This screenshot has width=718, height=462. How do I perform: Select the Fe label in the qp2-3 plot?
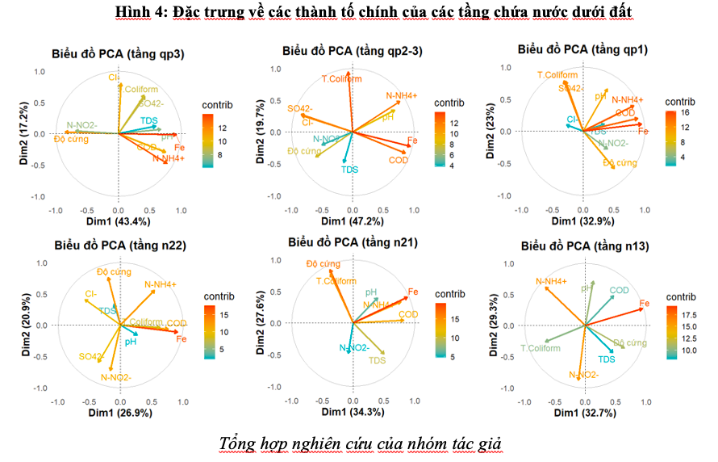point(412,141)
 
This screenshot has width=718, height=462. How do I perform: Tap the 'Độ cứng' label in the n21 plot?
point(323,264)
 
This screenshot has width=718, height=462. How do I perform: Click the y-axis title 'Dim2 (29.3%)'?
point(493,325)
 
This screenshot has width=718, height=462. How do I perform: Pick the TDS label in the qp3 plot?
point(149,120)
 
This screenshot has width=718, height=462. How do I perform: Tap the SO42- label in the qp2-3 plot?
point(300,108)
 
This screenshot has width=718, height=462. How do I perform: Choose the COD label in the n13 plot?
point(619,291)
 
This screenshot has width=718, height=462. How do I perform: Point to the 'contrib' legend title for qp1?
point(679,103)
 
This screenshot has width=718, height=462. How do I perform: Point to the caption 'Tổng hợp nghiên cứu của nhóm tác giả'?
point(360,443)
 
